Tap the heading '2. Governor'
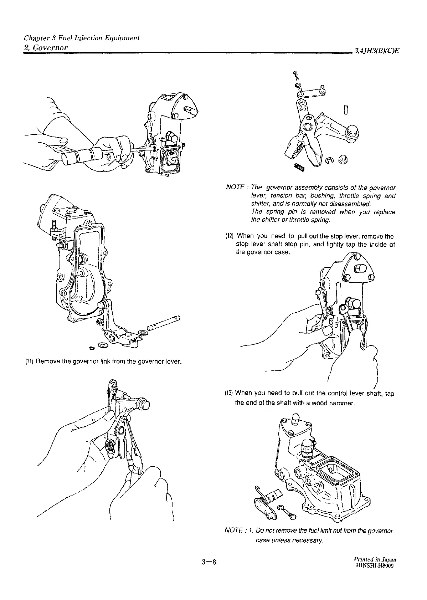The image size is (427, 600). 46,48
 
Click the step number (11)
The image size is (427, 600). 29,362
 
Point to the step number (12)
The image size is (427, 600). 230,236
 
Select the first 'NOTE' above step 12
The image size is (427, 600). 235,188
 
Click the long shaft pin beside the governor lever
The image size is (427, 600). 165,323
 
